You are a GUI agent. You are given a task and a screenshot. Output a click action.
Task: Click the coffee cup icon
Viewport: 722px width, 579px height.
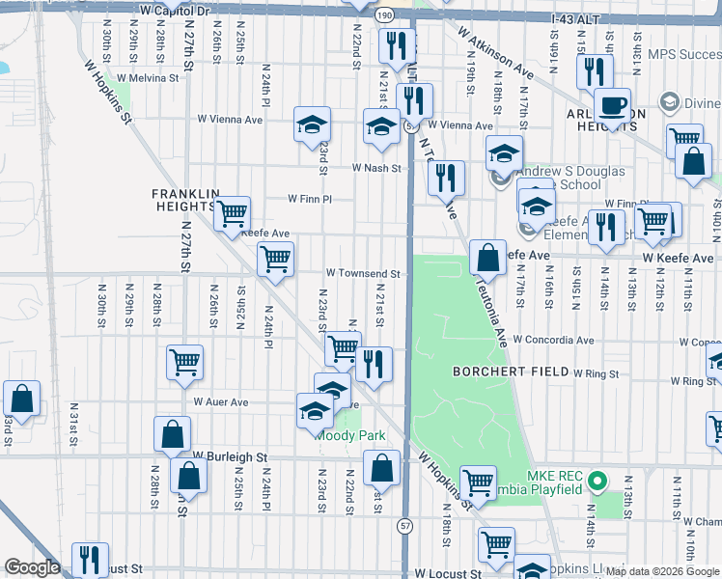[611, 105]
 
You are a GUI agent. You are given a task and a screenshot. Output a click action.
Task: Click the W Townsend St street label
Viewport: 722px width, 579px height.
[362, 274]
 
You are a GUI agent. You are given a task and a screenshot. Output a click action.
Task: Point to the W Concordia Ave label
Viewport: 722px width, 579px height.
[553, 340]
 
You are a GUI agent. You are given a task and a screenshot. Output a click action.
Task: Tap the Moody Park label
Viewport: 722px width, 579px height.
[352, 435]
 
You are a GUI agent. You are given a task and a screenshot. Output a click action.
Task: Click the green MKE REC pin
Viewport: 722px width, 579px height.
[597, 479]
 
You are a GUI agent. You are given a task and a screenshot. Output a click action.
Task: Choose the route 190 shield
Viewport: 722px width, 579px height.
[383, 16]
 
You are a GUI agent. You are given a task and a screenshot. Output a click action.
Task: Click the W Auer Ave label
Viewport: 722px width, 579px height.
[221, 401]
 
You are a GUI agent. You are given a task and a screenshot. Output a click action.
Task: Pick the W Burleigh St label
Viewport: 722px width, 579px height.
[229, 455]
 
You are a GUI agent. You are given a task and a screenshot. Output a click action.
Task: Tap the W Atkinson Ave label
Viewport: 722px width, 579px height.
[496, 53]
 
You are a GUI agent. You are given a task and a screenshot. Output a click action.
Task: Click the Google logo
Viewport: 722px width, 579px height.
[32, 567]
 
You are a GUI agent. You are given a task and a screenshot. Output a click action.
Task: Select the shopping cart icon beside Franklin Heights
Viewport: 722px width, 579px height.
[232, 213]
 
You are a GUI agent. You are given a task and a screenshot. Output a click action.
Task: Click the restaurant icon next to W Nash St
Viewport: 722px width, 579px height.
[445, 177]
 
